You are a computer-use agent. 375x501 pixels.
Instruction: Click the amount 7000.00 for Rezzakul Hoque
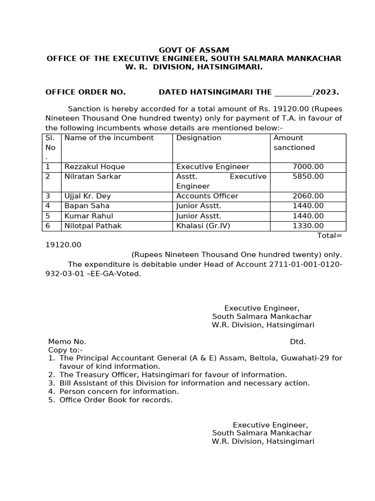(x=308, y=167)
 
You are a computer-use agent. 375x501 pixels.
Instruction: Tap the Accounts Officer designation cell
(x=207, y=196)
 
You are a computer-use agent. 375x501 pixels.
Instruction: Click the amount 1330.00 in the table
(x=308, y=226)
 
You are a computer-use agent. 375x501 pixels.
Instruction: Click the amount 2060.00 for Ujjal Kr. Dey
(x=308, y=196)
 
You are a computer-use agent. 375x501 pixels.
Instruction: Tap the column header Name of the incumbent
(x=109, y=138)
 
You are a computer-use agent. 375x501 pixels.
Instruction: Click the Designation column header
(x=199, y=138)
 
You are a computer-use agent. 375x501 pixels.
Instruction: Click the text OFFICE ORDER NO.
(x=85, y=92)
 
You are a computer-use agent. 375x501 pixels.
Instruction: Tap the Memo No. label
(x=67, y=342)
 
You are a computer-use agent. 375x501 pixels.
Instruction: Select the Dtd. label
(x=298, y=342)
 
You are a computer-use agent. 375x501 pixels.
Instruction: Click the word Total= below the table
(x=330, y=235)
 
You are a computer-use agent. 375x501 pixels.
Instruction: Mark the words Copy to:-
(x=65, y=350)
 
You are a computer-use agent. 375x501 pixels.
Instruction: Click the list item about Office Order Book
(x=116, y=400)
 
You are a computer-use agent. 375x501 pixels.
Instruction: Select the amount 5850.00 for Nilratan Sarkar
(x=308, y=177)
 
